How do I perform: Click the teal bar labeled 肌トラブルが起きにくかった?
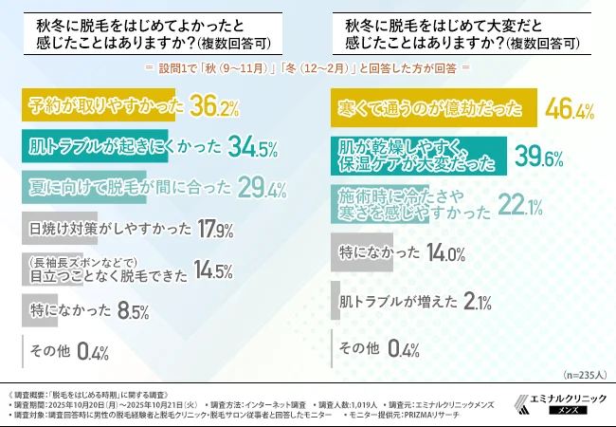(x=95, y=147)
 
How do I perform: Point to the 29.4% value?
(x=263, y=189)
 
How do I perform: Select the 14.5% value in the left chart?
(x=211, y=270)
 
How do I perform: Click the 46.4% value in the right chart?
(x=571, y=109)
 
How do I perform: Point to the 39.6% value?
(x=539, y=155)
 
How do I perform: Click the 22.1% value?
(x=518, y=203)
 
